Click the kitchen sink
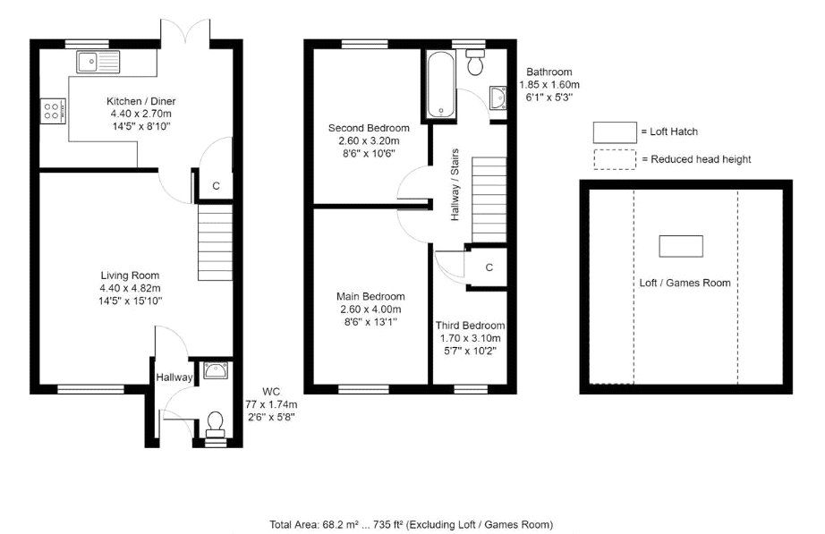click(98, 62)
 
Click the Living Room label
click(131, 275)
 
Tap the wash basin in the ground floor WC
click(215, 369)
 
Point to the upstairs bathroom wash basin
click(498, 97)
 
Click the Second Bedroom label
click(368, 128)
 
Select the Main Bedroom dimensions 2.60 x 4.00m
click(370, 309)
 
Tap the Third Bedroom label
click(470, 326)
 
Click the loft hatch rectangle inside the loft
click(681, 245)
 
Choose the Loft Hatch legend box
click(615, 132)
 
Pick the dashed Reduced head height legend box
click(615, 159)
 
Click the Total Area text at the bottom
click(411, 524)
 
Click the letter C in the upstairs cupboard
click(489, 267)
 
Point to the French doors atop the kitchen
click(186, 34)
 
